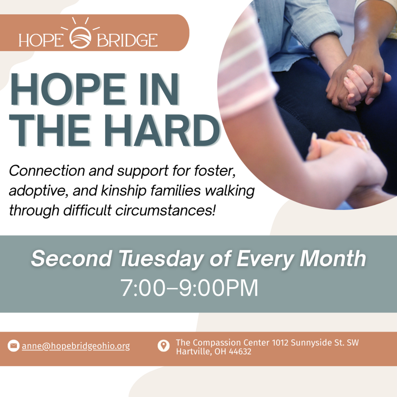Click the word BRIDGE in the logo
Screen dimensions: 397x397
(127, 40)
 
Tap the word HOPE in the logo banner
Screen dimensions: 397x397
(41, 40)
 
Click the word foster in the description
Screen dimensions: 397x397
(214, 171)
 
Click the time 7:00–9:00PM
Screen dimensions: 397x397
(189, 288)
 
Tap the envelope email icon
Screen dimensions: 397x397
(13, 346)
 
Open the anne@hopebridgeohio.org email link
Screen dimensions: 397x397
(76, 346)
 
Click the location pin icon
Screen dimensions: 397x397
(163, 346)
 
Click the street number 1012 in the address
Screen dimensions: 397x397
(280, 343)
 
